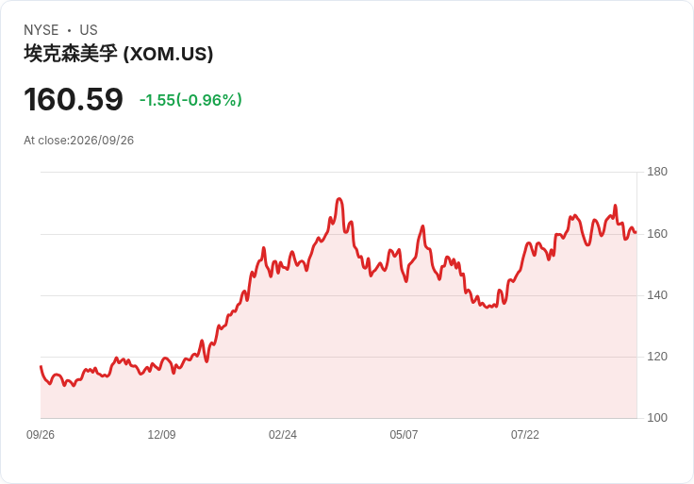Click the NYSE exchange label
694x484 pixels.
(41, 30)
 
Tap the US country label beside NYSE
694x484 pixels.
(89, 30)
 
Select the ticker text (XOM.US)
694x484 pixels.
(168, 54)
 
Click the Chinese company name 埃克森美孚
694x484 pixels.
(71, 54)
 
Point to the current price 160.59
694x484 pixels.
(74, 99)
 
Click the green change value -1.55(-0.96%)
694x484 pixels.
(190, 100)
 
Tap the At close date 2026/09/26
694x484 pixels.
(102, 141)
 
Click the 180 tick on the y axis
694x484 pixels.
(657, 172)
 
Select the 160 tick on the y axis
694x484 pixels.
(657, 233)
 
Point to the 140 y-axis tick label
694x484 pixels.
(657, 295)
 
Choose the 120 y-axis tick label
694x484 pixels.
(657, 356)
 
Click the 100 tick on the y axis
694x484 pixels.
(657, 417)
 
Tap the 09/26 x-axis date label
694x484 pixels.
(41, 435)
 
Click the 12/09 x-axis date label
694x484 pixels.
(161, 435)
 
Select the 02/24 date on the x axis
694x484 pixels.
(283, 435)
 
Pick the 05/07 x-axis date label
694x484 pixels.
(404, 435)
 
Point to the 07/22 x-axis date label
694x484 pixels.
(525, 435)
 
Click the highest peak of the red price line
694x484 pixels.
(339, 199)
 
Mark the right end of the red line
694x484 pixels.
(636, 232)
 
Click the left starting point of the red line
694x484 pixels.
(41, 366)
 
